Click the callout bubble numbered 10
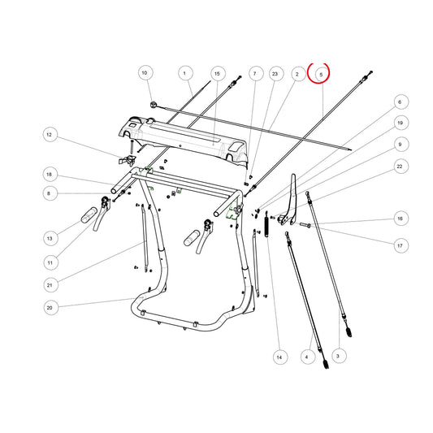point(145,73)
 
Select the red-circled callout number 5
point(321,74)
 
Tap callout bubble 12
point(50,135)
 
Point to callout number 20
point(51,308)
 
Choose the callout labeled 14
point(280,357)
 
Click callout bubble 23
point(275,74)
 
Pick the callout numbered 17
point(401,245)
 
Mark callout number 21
point(50,284)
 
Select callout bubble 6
point(401,102)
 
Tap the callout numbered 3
point(339,356)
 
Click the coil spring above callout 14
point(266,224)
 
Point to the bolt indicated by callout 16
point(305,225)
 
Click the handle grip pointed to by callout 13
point(89,215)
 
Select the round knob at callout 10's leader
point(154,105)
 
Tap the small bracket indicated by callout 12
point(128,160)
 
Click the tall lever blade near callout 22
point(289,199)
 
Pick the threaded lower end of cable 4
point(326,364)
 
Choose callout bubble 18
point(50,175)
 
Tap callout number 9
point(401,145)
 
